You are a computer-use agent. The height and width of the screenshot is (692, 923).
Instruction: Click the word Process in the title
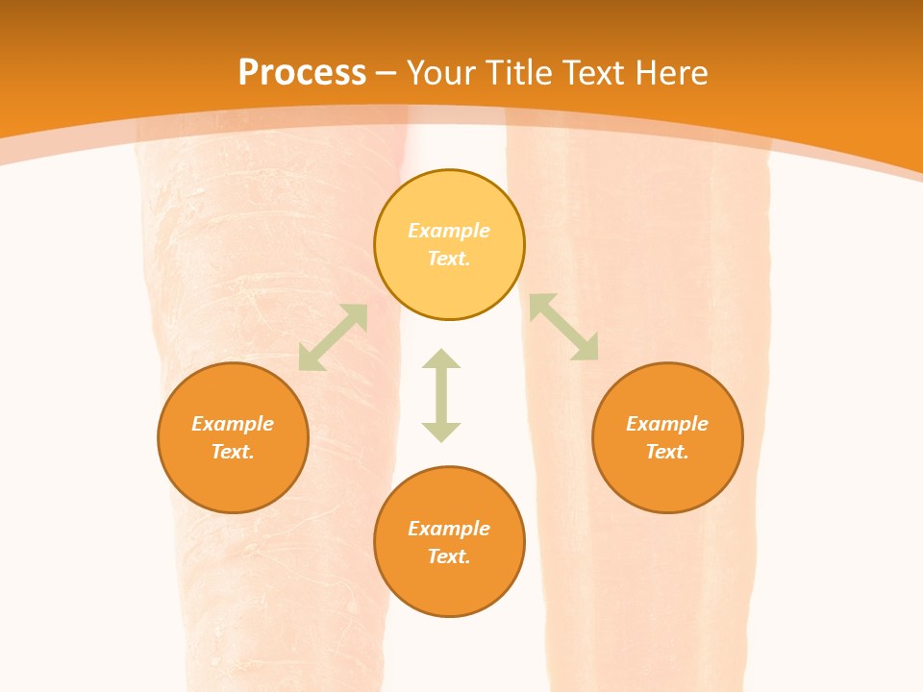click(x=302, y=73)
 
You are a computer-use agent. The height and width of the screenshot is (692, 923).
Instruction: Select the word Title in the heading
click(x=521, y=73)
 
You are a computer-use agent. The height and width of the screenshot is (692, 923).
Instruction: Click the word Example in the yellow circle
click(x=449, y=231)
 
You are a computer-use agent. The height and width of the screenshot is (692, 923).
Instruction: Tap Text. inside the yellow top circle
click(x=449, y=259)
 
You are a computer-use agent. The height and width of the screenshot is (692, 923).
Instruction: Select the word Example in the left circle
click(x=233, y=424)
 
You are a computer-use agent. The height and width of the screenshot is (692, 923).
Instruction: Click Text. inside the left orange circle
click(x=233, y=452)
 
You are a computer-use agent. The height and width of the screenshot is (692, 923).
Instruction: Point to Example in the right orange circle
click(x=667, y=424)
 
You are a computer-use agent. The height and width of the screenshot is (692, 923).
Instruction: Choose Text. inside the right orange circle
click(x=667, y=452)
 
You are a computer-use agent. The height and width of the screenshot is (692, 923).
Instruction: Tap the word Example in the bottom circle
click(x=449, y=529)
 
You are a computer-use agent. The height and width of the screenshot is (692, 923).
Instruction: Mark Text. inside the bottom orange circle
click(x=449, y=556)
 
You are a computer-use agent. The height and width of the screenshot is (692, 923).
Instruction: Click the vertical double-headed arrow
click(x=441, y=395)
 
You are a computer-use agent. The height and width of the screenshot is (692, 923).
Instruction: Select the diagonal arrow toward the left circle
click(x=333, y=337)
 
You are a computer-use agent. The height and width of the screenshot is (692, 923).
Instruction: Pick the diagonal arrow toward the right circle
click(x=564, y=327)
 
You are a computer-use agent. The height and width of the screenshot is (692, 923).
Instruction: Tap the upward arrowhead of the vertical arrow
click(x=441, y=358)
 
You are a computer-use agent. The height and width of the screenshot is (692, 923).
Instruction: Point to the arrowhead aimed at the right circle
click(x=587, y=350)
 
